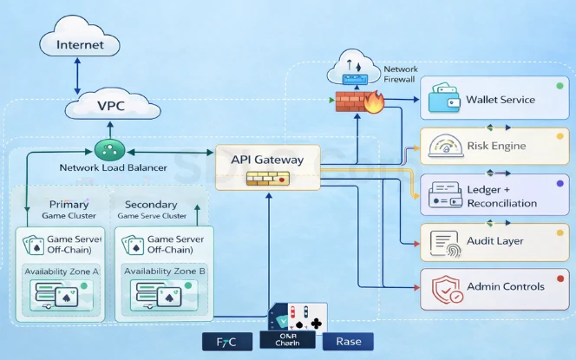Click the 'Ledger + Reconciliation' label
501,196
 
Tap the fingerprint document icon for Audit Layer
443,241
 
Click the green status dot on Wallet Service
560,88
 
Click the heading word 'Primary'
63,205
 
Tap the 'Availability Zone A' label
61,271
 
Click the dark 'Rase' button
342,341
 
